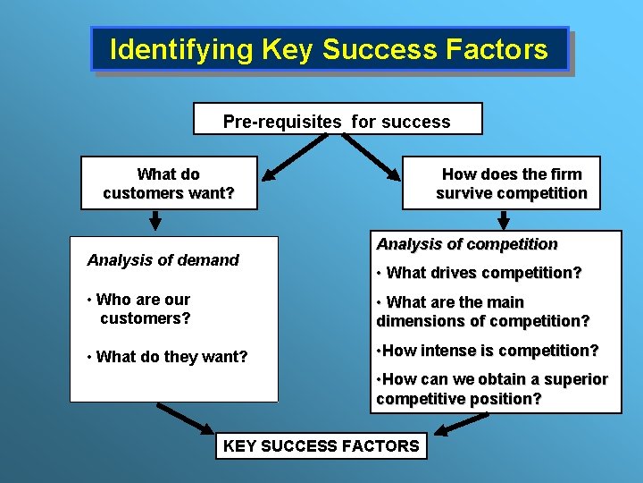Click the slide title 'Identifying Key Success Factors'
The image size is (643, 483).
click(x=329, y=49)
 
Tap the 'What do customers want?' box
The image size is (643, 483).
click(x=169, y=183)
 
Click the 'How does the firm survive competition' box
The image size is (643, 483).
click(x=511, y=183)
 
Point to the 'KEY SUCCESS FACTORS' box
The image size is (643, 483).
click(x=321, y=445)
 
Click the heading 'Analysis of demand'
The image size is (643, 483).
click(x=163, y=260)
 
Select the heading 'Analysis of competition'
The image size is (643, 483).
click(x=467, y=244)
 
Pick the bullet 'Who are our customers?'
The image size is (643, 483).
click(x=142, y=309)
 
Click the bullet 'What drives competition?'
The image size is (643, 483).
click(x=480, y=273)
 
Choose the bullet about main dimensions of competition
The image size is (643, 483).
click(x=482, y=312)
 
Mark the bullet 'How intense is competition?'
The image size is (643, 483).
click(x=488, y=351)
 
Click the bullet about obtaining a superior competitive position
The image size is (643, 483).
click(x=491, y=389)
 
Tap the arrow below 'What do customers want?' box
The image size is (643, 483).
click(x=155, y=219)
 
